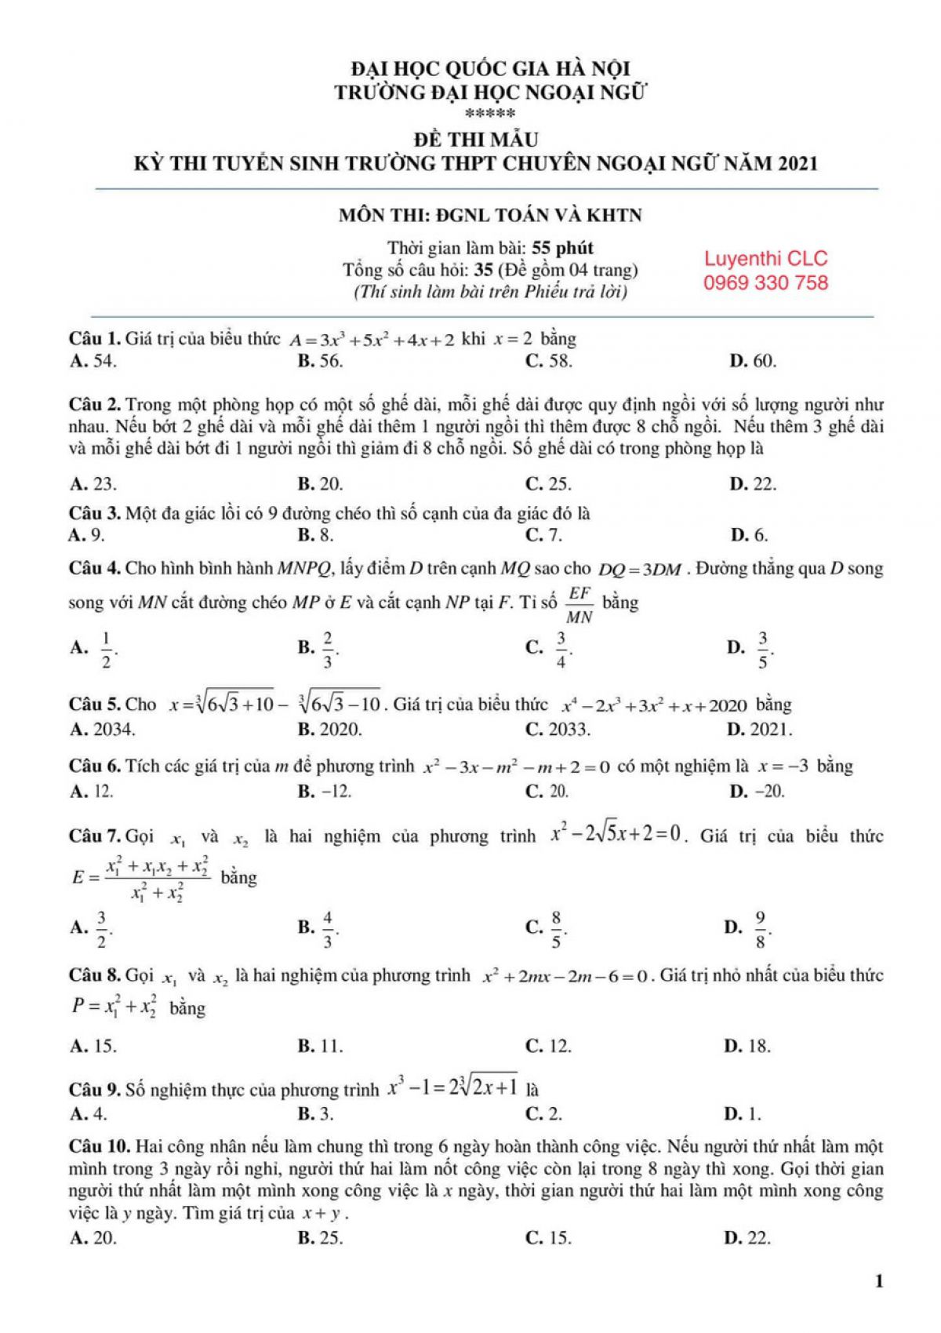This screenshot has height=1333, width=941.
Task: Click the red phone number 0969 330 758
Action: [x=765, y=283]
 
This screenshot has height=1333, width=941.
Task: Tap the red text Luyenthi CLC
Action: [x=765, y=259]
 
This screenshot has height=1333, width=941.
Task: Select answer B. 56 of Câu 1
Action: [x=320, y=362]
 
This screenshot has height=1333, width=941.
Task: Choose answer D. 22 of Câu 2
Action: [x=752, y=484]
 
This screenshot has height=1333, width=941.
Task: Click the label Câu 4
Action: [x=94, y=569]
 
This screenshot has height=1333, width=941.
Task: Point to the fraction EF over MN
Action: [x=580, y=604]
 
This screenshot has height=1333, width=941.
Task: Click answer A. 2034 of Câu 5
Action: [x=102, y=730]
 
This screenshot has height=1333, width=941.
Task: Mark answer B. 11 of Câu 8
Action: [x=320, y=1047]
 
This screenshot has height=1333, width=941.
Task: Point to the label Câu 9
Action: [x=94, y=1091]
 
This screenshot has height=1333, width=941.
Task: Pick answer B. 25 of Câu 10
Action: [x=320, y=1239]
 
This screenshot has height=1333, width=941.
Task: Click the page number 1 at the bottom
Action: [x=878, y=1282]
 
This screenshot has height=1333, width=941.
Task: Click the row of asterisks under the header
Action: [x=490, y=115]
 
